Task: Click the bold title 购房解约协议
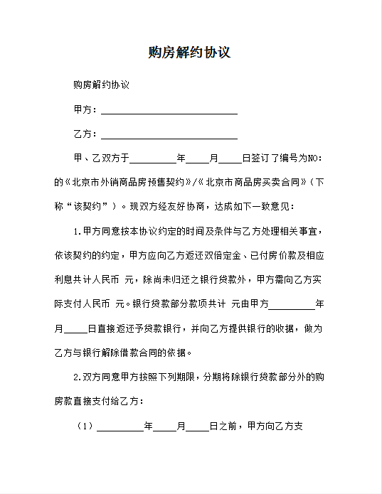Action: pos(190,53)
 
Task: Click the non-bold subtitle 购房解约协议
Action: pos(101,85)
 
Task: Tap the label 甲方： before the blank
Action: pos(86,110)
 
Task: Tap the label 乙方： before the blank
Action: pos(86,134)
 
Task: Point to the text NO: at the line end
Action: pos(314,158)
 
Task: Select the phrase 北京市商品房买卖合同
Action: pos(253,182)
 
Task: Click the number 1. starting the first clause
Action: pos(78,232)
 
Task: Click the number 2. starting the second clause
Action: pos(78,377)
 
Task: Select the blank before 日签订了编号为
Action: pos(230,158)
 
